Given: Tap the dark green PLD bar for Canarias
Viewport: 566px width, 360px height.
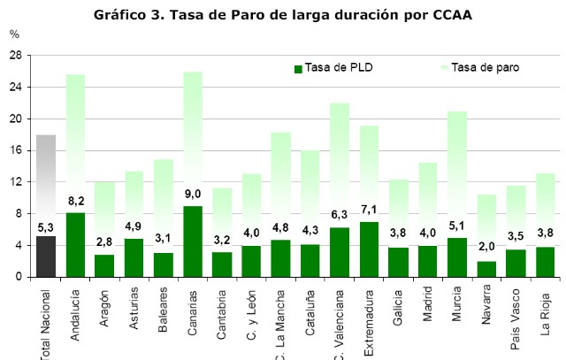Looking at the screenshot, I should click(193, 241).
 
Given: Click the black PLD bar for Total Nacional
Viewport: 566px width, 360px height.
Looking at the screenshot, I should click(46, 257).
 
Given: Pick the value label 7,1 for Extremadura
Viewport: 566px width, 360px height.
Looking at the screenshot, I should click(369, 210).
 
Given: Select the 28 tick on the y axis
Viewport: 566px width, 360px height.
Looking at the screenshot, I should click(14, 55).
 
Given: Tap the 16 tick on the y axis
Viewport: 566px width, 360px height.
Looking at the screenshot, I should click(14, 150).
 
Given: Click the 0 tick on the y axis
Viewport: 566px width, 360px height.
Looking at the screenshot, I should click(18, 278).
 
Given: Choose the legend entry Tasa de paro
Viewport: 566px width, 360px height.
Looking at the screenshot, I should click(477, 67).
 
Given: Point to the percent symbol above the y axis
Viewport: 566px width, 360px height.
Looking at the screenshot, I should click(14, 34).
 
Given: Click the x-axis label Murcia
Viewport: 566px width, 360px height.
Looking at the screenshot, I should click(456, 305).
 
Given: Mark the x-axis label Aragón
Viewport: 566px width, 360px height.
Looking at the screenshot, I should click(105, 306).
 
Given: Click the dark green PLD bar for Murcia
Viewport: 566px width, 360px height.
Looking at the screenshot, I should click(456, 257).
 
